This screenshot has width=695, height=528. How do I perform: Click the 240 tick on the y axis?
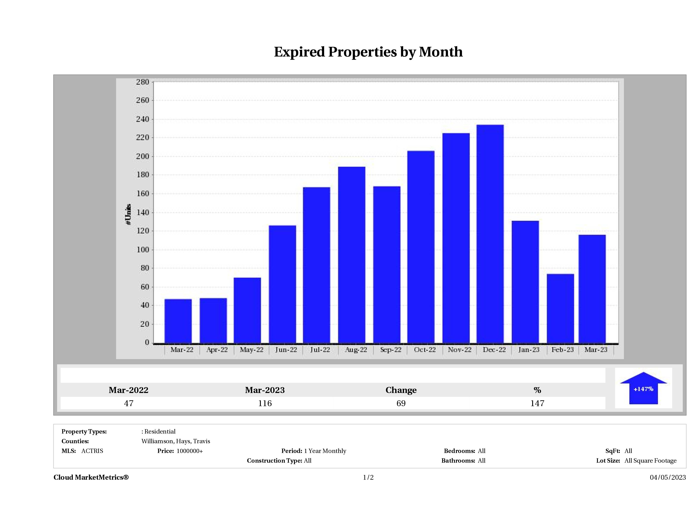pos(142,119)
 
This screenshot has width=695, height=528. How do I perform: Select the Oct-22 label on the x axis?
pos(425,350)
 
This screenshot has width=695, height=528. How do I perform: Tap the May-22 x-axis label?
pos(252,350)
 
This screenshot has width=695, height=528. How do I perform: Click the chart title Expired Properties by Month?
pos(368,52)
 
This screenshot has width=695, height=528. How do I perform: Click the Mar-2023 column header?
pos(265,390)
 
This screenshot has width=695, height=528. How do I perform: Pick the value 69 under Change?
pos(401,403)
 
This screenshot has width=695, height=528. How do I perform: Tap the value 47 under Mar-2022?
pos(129,403)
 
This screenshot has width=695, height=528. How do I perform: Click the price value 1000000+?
pos(190,451)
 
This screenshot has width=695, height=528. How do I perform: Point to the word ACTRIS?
pos(92,451)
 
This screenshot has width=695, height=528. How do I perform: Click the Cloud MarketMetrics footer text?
pos(91,477)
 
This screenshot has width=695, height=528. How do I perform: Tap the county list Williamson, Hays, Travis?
pos(176,441)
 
